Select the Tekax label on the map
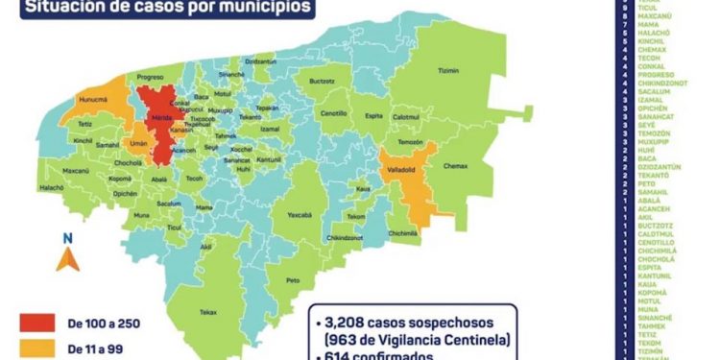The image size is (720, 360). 208,313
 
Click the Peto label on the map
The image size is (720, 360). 294,279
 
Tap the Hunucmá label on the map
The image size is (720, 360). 98,98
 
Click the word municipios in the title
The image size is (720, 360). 260,8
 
